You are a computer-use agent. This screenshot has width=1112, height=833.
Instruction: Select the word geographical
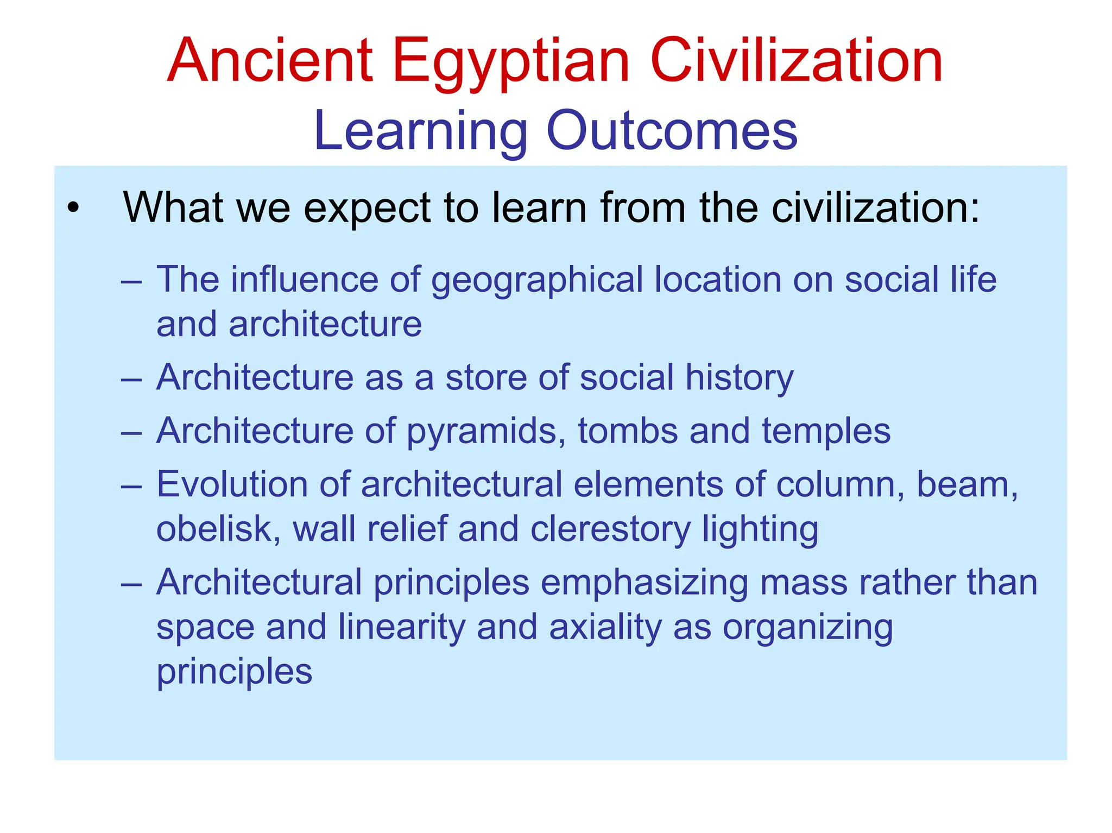coord(536,280)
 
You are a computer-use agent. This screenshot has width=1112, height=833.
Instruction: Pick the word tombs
coord(628,431)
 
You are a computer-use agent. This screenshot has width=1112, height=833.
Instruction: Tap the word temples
coord(826,431)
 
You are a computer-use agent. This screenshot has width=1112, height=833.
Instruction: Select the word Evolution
coord(232,484)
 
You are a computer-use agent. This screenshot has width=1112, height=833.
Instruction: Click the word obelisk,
coord(218,529)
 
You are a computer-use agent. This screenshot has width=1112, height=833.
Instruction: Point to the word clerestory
coord(610,529)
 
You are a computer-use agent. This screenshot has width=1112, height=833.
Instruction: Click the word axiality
coord(605,627)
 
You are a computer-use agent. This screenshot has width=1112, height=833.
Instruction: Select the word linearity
coord(401,627)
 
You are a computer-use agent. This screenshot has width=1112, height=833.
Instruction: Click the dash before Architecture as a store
coord(131,378)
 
